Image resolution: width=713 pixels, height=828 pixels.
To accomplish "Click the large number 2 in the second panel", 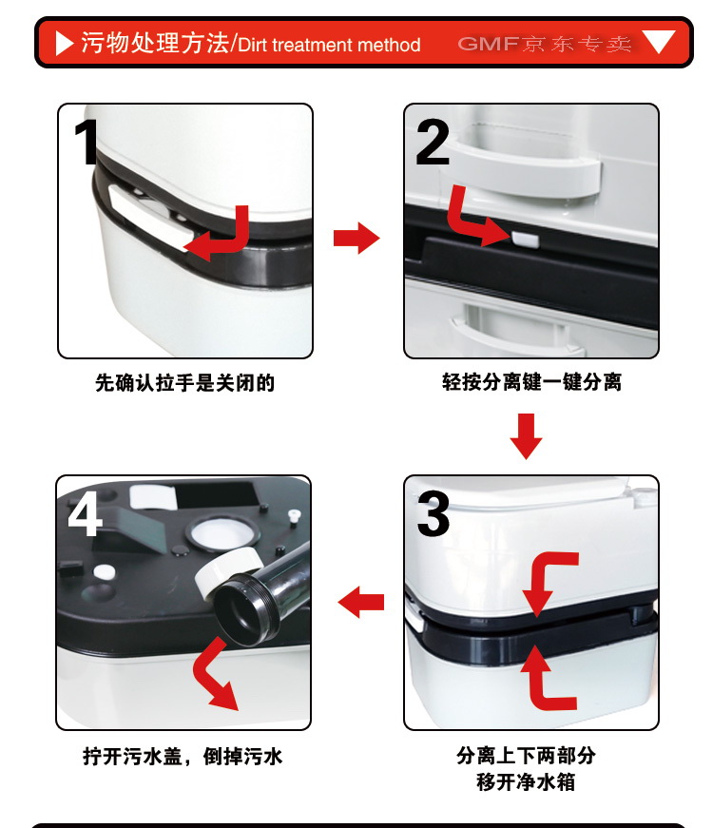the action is click(433, 142).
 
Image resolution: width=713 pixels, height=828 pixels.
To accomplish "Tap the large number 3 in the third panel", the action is click(434, 513).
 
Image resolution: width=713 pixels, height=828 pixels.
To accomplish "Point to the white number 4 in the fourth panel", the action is click(85, 513).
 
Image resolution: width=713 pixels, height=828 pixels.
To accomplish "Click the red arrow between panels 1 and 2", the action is click(356, 239).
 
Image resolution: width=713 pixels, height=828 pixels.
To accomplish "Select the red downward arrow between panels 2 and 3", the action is click(526, 436).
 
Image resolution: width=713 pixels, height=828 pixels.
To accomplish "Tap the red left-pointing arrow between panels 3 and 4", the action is click(360, 602).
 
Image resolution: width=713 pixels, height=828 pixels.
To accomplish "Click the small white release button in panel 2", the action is click(525, 240).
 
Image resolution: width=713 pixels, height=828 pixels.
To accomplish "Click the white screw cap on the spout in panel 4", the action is click(227, 572).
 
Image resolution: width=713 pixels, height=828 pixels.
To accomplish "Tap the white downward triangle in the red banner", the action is click(659, 42).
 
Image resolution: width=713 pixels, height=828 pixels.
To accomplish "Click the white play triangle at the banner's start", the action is click(64, 43).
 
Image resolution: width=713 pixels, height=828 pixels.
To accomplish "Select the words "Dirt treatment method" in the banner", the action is click(329, 45).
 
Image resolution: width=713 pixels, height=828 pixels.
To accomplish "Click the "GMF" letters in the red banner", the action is click(488, 44).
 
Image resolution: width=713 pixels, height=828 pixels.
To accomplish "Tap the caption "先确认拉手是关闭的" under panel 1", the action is click(184, 383).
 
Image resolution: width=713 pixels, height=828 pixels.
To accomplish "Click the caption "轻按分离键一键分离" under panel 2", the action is click(531, 381).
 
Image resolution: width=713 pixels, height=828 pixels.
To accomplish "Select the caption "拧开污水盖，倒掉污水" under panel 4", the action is click(183, 756).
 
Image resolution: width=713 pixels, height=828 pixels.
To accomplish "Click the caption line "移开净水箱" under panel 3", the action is click(526, 781).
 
